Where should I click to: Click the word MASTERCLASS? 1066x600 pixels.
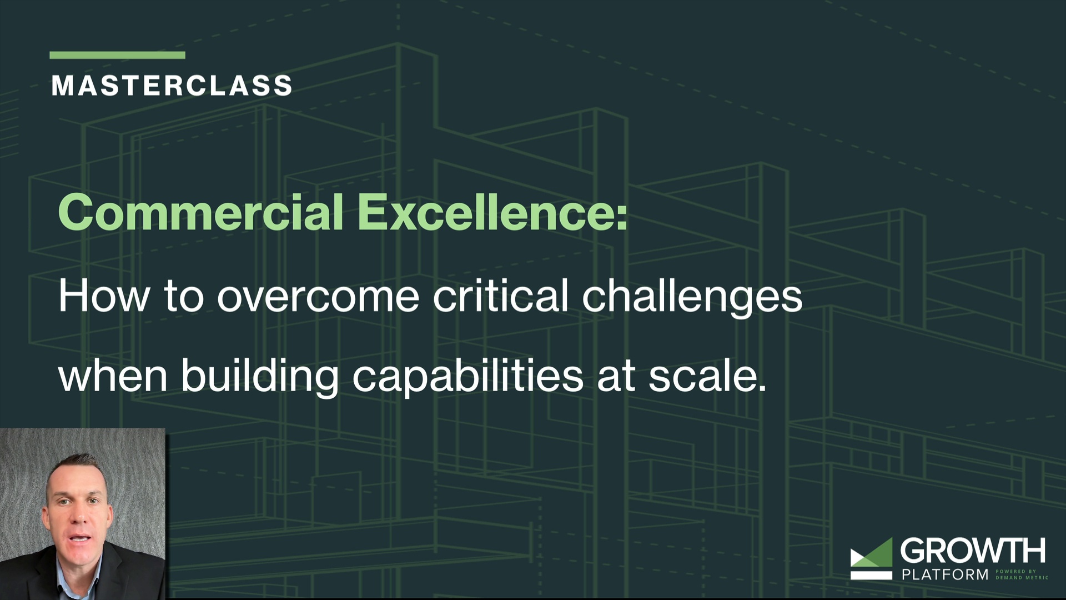172,86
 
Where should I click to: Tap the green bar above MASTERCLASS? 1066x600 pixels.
117,55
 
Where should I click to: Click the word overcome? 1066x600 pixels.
318,297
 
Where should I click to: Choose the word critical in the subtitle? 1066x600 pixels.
500,296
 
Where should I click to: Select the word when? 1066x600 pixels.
113,376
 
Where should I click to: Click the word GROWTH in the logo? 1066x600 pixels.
972,551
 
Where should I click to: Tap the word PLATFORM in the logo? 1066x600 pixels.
944,574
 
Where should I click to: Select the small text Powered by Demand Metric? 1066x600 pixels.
1021,574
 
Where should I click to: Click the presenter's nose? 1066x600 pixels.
79,519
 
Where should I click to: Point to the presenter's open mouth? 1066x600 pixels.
81,539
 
